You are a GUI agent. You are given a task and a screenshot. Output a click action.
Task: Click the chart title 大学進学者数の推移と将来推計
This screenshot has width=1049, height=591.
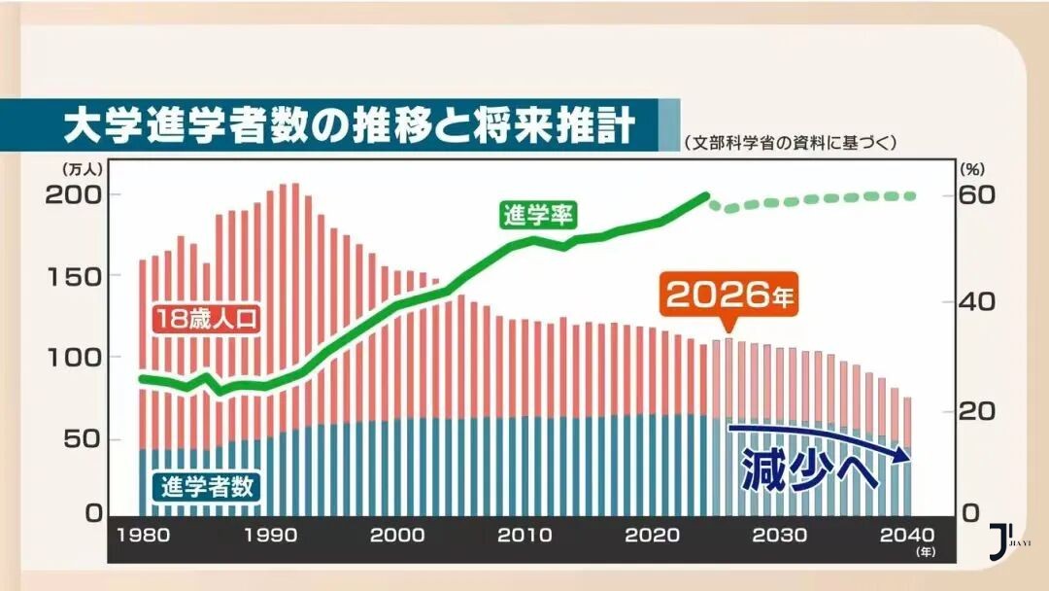click(x=350, y=124)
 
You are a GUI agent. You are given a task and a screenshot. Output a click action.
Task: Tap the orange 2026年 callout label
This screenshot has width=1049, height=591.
click(x=729, y=294)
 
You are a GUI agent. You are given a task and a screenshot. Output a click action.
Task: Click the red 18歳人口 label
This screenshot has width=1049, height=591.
click(x=206, y=317)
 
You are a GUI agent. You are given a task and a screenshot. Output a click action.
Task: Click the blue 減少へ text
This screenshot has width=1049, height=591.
click(x=810, y=469)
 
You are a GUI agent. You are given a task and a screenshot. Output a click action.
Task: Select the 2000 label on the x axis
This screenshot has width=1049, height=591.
click(x=396, y=535)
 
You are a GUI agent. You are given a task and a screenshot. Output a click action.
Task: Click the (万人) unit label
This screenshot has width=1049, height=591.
click(x=84, y=167)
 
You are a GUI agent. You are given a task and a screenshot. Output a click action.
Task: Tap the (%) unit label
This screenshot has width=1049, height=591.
click(x=972, y=167)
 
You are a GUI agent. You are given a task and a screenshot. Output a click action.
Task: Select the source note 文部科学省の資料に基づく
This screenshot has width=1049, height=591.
click(x=788, y=142)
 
